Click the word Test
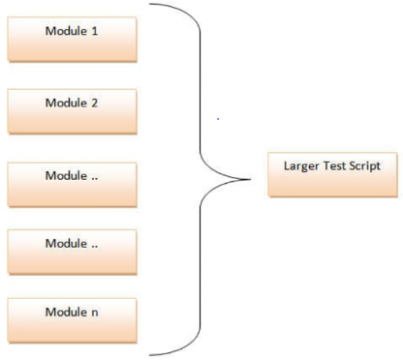pos(331,165)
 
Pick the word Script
pos(363,165)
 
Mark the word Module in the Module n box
pos(66,312)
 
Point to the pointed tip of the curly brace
pos(253,179)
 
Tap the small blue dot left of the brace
pos(219,119)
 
